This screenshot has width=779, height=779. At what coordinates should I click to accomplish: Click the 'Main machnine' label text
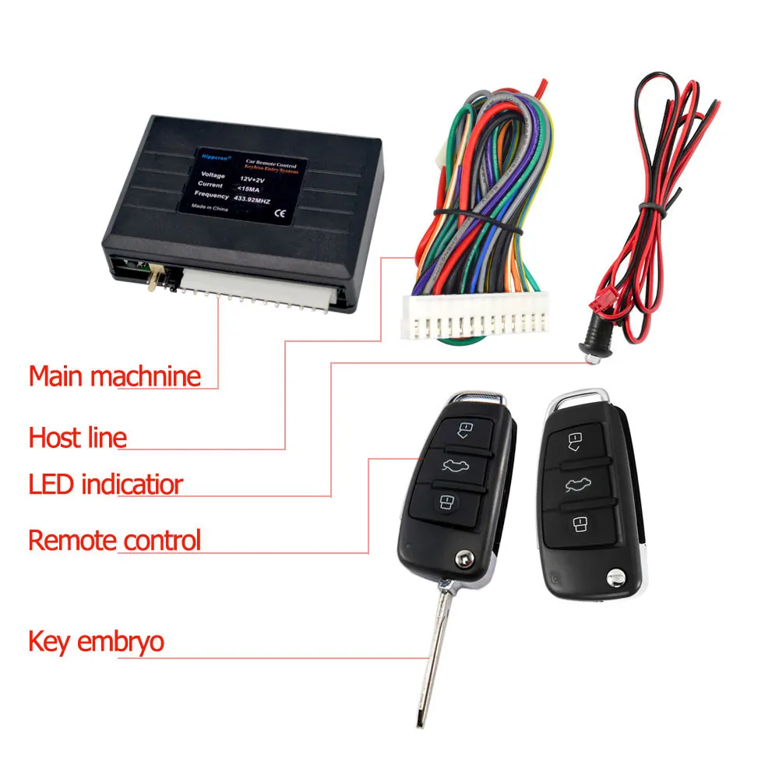point(115,376)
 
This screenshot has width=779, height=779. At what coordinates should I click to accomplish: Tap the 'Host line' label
point(77,437)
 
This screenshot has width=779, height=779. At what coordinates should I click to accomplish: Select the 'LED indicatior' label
point(105,484)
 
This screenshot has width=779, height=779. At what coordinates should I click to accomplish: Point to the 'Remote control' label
point(115,540)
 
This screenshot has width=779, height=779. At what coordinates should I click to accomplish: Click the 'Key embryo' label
point(96,642)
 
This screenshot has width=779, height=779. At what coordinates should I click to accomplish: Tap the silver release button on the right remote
point(616,577)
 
